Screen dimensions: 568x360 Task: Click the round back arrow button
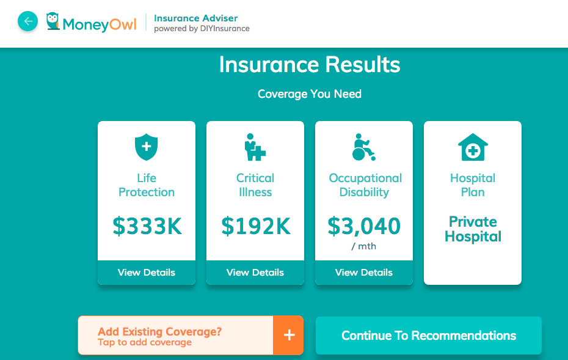pos(27,21)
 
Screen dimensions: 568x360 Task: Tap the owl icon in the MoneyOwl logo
pos(53,21)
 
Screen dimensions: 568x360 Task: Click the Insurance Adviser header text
pos(195,18)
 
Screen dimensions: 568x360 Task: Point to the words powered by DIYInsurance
pos(202,29)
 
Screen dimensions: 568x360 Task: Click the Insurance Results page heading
pos(310,65)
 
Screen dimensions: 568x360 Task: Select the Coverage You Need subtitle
pos(310,94)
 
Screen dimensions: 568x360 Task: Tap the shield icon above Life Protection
pos(147,147)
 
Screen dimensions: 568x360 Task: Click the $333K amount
pos(147,226)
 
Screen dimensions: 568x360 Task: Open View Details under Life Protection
pos(147,272)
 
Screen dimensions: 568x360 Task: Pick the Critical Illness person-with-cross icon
pos(255,147)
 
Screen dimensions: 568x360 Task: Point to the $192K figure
pos(256,226)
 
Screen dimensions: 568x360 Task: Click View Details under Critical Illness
pos(255,272)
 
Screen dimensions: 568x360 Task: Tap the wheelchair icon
pos(363,147)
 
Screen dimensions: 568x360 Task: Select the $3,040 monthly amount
pos(364,226)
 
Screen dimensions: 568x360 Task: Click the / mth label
pos(363,246)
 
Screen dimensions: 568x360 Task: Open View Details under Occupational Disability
pos(363,272)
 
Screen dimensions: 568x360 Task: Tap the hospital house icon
pos(473,147)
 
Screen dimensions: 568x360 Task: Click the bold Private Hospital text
pos(473,229)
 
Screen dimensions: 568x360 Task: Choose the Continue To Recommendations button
pos(429,336)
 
